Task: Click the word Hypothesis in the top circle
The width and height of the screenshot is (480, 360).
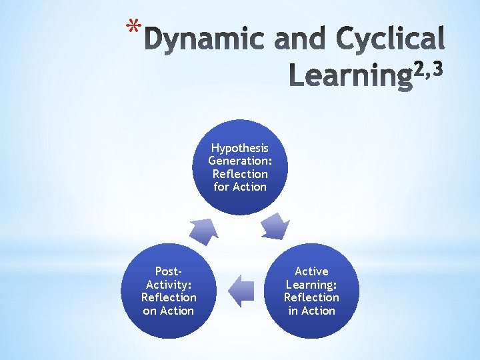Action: (x=240, y=147)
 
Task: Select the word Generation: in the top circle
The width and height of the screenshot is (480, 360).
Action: (x=240, y=161)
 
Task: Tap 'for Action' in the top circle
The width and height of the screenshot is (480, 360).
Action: (x=240, y=187)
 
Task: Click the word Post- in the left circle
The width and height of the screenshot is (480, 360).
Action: (x=169, y=271)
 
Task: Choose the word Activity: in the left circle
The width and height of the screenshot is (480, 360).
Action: (x=169, y=284)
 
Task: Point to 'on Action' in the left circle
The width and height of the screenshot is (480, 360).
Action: (x=169, y=311)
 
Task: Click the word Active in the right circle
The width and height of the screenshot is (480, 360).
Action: (x=311, y=271)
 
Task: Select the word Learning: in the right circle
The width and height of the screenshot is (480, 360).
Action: (x=311, y=284)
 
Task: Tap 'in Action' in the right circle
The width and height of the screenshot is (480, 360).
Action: (x=311, y=311)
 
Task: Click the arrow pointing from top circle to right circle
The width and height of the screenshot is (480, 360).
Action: (x=274, y=227)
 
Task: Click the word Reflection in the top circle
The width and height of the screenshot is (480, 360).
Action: (x=240, y=174)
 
